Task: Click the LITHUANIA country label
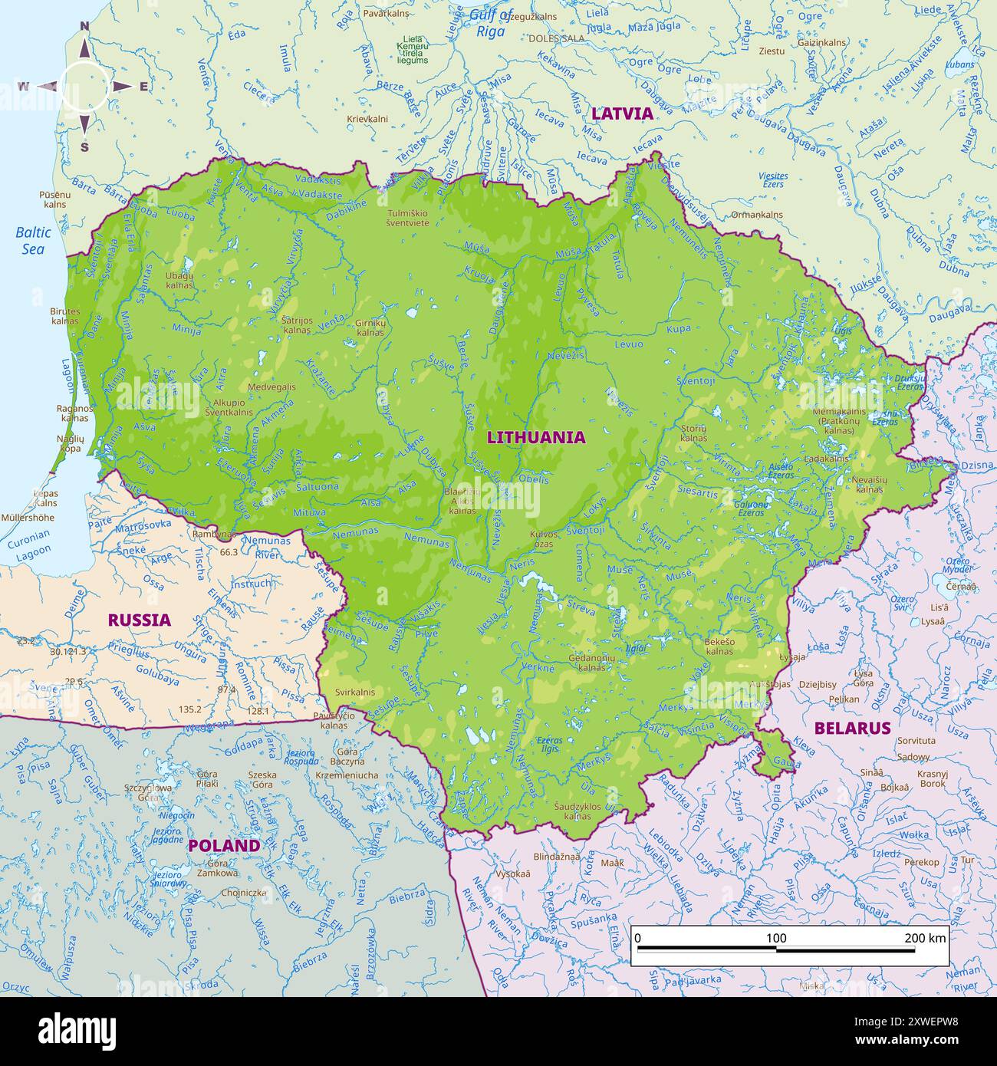click(x=536, y=437)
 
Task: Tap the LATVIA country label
click(x=622, y=114)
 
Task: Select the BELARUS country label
click(x=852, y=728)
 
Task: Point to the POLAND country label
click(x=224, y=845)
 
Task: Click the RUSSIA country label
click(x=139, y=620)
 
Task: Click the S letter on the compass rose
click(x=84, y=147)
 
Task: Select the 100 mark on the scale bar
click(x=776, y=938)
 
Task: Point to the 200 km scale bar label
click(x=925, y=938)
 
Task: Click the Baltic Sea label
click(x=34, y=240)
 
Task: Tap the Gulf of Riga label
click(x=491, y=23)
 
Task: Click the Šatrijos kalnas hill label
click(x=297, y=325)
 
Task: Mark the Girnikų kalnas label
click(x=370, y=327)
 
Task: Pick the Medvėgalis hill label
click(x=271, y=387)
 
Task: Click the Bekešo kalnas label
click(x=719, y=646)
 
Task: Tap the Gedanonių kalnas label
click(x=592, y=663)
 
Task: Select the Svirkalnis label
click(x=354, y=692)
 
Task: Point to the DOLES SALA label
click(x=556, y=38)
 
